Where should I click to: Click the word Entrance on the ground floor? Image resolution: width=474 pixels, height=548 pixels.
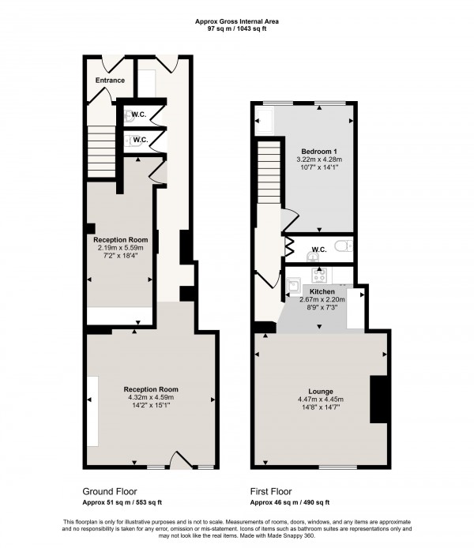(x=110, y=81)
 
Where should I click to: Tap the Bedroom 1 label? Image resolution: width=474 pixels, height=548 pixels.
(x=320, y=150)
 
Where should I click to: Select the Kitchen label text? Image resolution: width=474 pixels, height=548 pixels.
(x=322, y=291)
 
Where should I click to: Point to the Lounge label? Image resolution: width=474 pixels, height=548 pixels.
(x=320, y=391)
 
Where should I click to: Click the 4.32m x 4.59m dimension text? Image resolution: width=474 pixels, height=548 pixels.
(x=150, y=398)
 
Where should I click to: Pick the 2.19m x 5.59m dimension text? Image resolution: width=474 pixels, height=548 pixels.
(x=121, y=247)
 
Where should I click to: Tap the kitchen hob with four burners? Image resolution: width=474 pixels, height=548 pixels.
(x=321, y=276)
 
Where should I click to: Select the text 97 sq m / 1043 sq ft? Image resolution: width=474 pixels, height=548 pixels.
(x=237, y=28)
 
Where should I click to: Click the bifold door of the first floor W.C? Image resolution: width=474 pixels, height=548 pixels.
(x=290, y=246)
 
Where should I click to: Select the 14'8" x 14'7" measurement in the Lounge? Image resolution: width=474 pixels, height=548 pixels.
(x=320, y=409)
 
